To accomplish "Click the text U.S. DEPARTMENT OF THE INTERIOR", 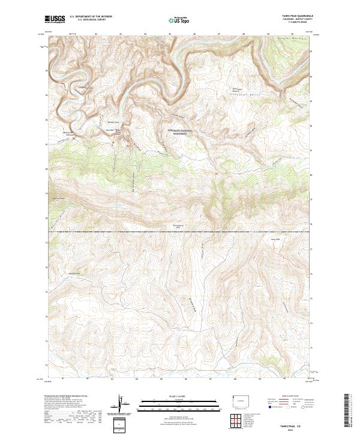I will (91, 17).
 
